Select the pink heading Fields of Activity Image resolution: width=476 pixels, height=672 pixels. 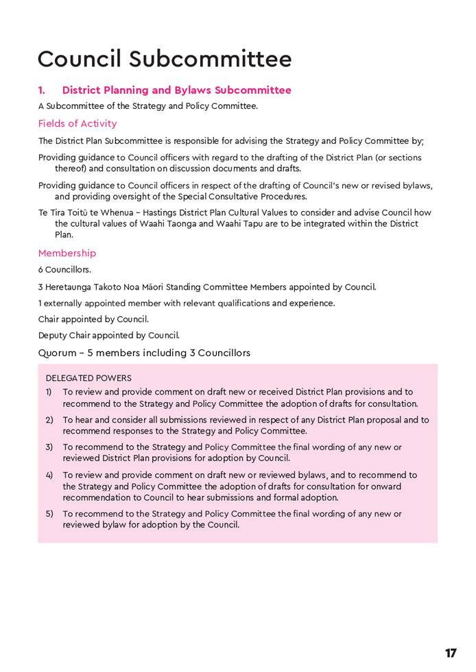(78, 123)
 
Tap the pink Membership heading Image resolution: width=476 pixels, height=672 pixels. (67, 253)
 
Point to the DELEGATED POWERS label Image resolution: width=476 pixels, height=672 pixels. (88, 378)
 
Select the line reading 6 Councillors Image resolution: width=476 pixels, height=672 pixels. (64, 270)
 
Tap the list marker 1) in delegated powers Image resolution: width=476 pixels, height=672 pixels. (49, 393)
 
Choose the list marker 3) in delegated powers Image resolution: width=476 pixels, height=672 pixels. (49, 447)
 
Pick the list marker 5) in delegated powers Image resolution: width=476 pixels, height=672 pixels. (49, 514)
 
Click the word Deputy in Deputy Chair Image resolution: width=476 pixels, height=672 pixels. (52, 336)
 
